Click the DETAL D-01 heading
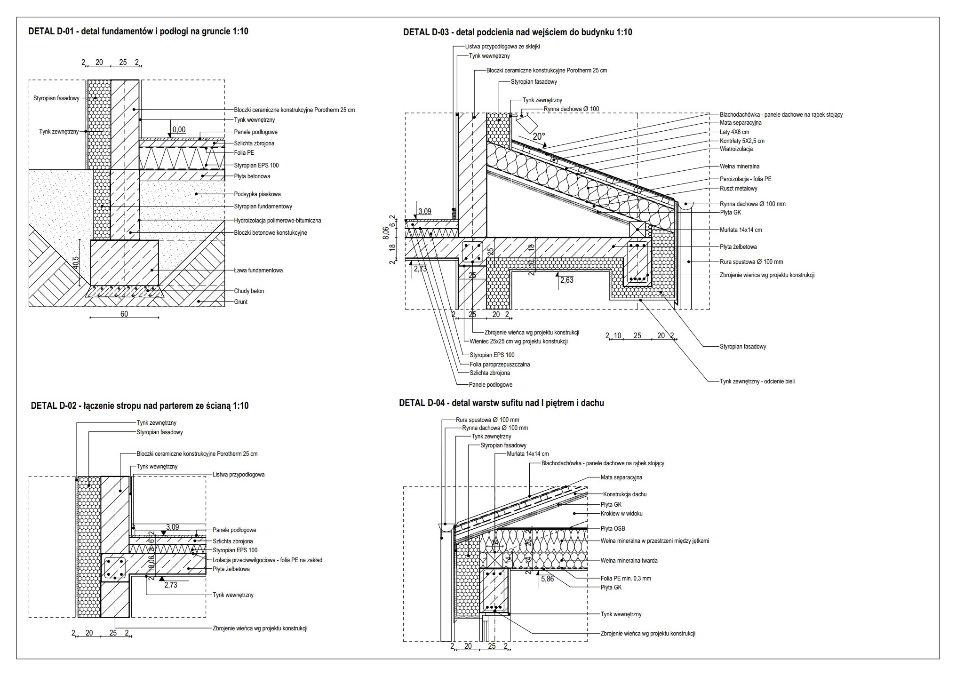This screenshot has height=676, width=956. [138, 32]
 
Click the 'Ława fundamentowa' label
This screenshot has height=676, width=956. [258, 270]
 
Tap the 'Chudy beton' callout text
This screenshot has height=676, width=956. [249, 291]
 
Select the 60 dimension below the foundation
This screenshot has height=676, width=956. [124, 314]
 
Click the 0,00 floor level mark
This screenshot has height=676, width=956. [179, 130]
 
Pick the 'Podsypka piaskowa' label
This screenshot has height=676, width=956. [257, 194]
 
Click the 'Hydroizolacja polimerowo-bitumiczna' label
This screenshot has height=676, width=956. [278, 220]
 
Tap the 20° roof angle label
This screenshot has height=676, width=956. [539, 136]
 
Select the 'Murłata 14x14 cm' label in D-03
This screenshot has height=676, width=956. [741, 230]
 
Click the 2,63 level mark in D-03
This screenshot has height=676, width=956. [567, 280]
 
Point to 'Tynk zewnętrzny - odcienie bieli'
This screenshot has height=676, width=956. [757, 382]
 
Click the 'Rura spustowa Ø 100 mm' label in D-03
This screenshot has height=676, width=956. [751, 262]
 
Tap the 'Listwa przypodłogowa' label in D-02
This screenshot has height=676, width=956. [239, 475]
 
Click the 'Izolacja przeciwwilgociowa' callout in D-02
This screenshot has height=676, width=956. [267, 560]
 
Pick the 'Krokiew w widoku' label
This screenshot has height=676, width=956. [621, 514]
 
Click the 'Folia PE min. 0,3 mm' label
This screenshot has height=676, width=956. [626, 579]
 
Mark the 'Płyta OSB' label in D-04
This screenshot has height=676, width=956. [613, 529]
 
